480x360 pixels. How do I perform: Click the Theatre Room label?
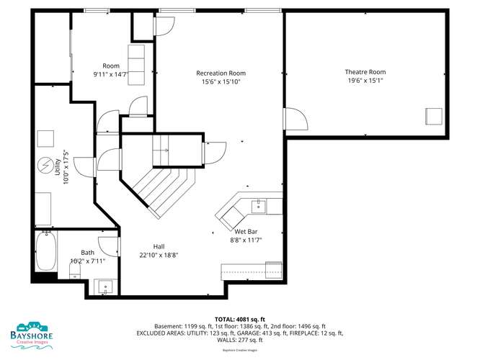coord(365,72)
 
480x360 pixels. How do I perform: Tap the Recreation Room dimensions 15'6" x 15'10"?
coord(221,81)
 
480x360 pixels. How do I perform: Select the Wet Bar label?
coord(246,232)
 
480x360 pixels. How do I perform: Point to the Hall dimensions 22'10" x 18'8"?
coord(159,255)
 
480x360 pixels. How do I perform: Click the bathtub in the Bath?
coord(46,251)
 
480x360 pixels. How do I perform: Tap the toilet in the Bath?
coord(75,271)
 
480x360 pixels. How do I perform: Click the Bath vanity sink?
coord(106,287)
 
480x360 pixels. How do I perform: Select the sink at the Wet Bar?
coord(259,206)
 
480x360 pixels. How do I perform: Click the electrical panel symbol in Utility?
coord(45,165)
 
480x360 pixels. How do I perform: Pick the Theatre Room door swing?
coord(296,119)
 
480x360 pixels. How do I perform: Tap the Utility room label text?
coord(57,167)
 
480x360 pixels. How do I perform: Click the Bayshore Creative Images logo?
coord(32,336)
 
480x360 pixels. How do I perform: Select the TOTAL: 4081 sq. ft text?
coord(240,320)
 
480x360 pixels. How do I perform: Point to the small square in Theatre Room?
coord(434,116)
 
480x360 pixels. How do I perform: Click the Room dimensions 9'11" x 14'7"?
coord(110,74)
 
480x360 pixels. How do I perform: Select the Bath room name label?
coord(87,253)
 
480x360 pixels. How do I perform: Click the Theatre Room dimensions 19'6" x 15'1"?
coord(365,81)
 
